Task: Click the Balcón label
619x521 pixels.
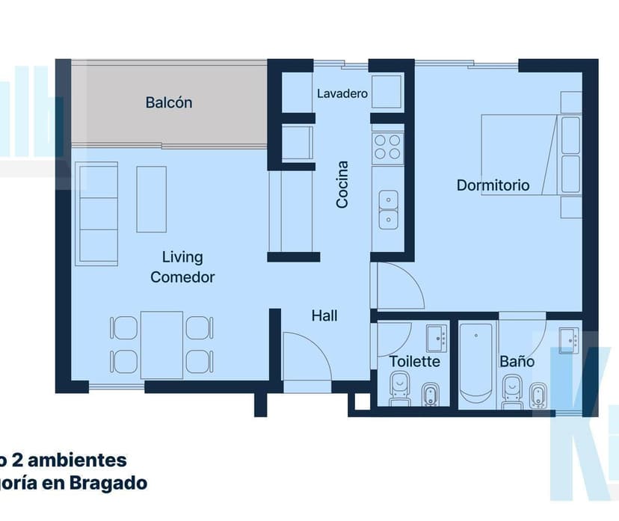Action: (168, 102)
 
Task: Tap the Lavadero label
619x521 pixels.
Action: (342, 94)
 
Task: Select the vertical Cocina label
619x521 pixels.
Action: (342, 185)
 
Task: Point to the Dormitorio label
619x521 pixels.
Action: (493, 185)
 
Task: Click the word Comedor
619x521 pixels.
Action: (182, 277)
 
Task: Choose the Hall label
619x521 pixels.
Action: (324, 316)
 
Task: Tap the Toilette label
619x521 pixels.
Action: (414, 362)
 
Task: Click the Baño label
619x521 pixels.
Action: (517, 362)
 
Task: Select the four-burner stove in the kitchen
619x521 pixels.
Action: (387, 147)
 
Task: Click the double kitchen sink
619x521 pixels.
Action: (388, 209)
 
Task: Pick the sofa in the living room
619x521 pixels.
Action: (98, 214)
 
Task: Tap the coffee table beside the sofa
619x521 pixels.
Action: (151, 199)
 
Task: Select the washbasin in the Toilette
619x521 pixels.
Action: (435, 339)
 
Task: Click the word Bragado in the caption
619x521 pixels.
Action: (109, 483)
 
